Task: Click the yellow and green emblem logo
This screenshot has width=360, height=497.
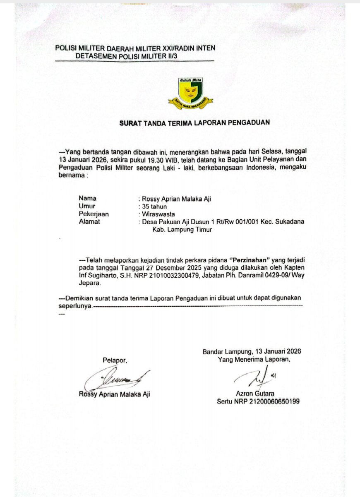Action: coord(190,90)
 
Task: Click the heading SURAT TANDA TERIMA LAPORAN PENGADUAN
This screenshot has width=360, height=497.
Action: coord(194,122)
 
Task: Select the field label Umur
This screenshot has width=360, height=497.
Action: coord(87,206)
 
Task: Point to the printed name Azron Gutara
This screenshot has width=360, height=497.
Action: coord(255,394)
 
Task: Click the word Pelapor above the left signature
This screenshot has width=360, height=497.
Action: coord(115,360)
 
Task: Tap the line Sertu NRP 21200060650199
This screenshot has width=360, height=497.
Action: coord(258,401)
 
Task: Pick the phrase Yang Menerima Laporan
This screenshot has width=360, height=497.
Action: coord(254,360)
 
